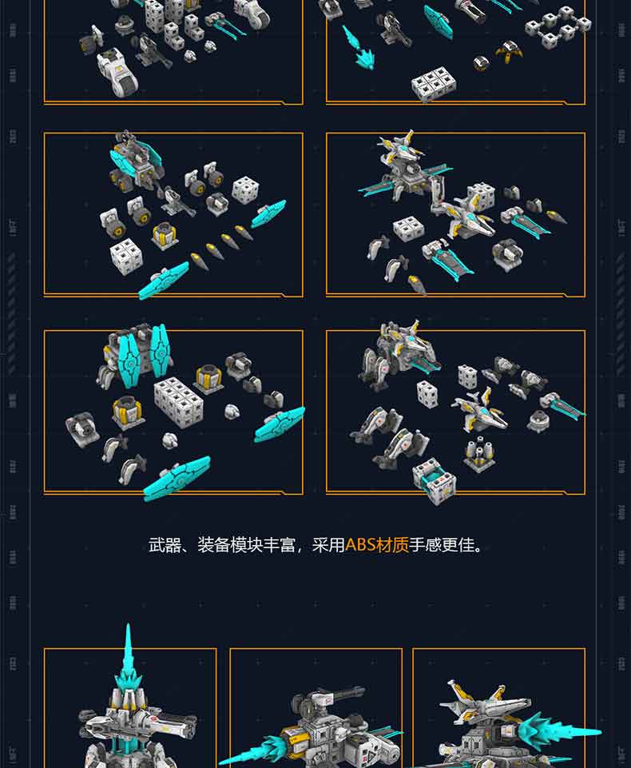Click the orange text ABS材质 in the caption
(x=376, y=546)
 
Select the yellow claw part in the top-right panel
(x=506, y=54)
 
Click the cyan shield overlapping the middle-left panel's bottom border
(x=165, y=281)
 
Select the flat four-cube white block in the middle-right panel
(x=408, y=229)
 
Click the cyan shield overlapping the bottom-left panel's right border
(x=280, y=424)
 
